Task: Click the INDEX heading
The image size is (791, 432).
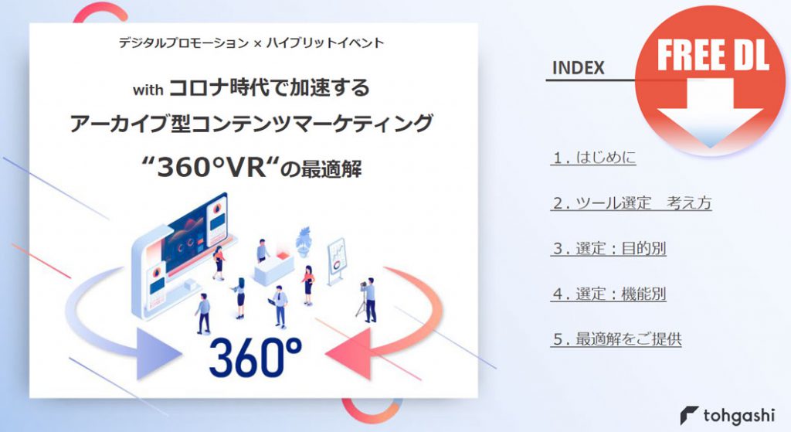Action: [578, 68]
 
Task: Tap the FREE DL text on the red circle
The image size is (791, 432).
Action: [712, 55]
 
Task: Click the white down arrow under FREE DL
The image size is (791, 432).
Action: [710, 113]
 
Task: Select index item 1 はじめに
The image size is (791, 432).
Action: [593, 158]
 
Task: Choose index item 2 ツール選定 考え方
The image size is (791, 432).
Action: [631, 203]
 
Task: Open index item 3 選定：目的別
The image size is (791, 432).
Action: [609, 248]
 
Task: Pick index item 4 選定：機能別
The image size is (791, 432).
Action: [609, 293]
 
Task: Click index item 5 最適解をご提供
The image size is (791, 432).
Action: [616, 338]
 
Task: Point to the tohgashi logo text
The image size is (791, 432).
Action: [738, 415]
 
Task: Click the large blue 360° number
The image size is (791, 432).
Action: [255, 357]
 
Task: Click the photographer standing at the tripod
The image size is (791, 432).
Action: [368, 300]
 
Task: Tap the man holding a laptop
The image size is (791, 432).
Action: [279, 306]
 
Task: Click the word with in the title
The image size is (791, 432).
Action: [148, 90]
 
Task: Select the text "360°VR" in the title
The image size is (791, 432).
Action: [211, 168]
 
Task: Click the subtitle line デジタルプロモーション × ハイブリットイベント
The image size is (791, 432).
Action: [251, 43]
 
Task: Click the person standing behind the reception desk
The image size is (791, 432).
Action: [263, 250]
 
